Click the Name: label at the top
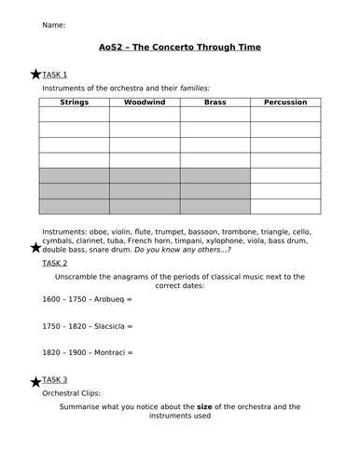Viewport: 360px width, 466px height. pos(53,25)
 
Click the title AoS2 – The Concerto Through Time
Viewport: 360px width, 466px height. pos(180,47)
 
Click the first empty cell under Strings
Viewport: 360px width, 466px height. pos(74,114)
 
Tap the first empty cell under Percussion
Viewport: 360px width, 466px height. pos(284,114)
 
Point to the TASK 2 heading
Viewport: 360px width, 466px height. pos(55,264)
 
